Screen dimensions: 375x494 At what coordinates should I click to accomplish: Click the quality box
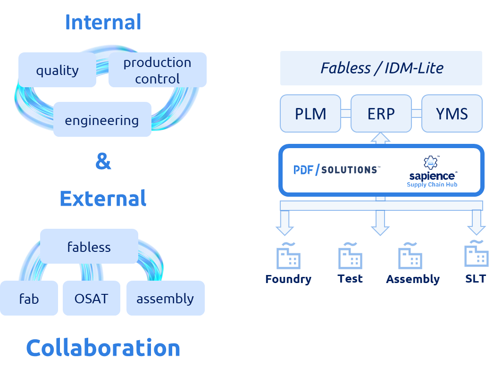(x=57, y=70)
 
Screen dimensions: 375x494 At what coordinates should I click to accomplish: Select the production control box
(x=157, y=70)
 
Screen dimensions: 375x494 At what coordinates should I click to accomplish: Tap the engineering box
(x=102, y=120)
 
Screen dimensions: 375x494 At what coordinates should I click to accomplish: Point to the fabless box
(x=89, y=246)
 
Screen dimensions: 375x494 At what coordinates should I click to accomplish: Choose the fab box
(x=29, y=298)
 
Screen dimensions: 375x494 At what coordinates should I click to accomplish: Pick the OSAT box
(x=92, y=298)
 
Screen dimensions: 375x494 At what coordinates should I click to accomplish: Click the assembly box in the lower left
(x=165, y=298)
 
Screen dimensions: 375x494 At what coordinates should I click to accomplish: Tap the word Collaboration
(x=103, y=348)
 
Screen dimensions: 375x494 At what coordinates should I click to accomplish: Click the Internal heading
(x=103, y=22)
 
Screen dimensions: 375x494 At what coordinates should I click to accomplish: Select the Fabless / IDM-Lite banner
(x=381, y=68)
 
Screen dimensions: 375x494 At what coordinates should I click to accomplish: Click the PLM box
(x=310, y=113)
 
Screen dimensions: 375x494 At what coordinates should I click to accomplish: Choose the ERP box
(x=381, y=113)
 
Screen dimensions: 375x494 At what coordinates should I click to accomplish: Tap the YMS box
(x=452, y=113)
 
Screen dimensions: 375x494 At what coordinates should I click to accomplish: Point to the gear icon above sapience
(x=430, y=162)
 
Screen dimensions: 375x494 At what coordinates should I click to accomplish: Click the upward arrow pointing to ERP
(x=381, y=138)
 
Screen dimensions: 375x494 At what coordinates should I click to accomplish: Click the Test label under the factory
(x=350, y=278)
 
